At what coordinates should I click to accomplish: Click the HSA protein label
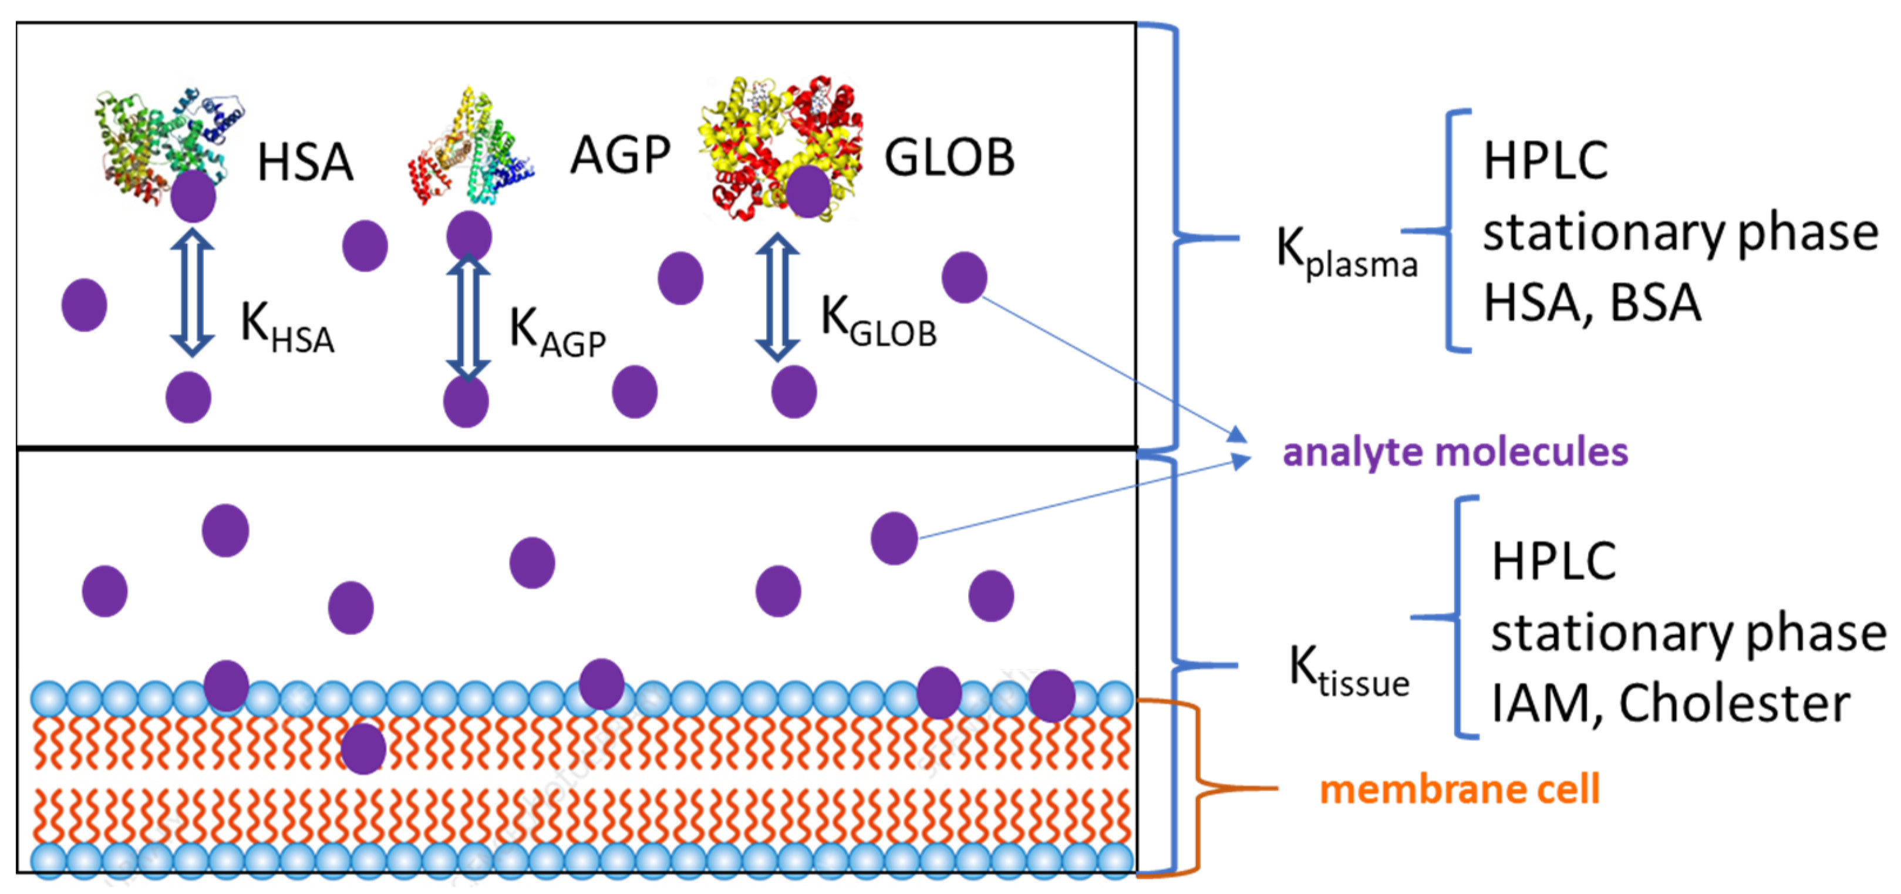pyautogui.click(x=305, y=162)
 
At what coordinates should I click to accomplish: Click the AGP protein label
pyautogui.click(x=620, y=156)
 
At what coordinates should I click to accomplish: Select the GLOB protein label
pyautogui.click(x=949, y=158)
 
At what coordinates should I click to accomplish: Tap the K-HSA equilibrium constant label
pyautogui.click(x=287, y=328)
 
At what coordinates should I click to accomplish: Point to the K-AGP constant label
pyautogui.click(x=557, y=333)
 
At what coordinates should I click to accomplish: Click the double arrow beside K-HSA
pyautogui.click(x=193, y=293)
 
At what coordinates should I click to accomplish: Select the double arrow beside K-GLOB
pyautogui.click(x=777, y=297)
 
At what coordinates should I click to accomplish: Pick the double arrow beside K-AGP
pyautogui.click(x=468, y=317)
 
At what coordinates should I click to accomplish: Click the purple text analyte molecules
pyautogui.click(x=1455, y=452)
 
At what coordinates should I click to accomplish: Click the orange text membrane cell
pyautogui.click(x=1459, y=790)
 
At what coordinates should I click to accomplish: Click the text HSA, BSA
pyautogui.click(x=1592, y=302)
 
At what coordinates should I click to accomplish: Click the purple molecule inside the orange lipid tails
pyautogui.click(x=363, y=748)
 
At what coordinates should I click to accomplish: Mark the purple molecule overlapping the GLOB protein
pyautogui.click(x=808, y=191)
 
